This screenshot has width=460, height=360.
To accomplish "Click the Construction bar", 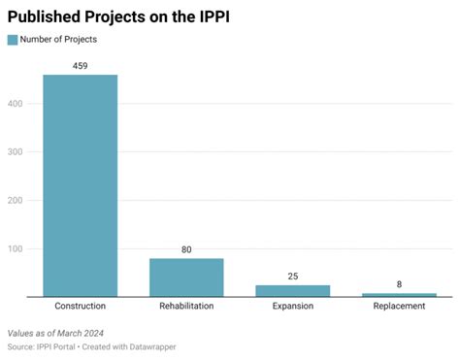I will (x=80, y=185).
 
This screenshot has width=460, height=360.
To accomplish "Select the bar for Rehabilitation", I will (x=186, y=278).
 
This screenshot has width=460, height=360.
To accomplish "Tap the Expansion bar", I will (x=292, y=290).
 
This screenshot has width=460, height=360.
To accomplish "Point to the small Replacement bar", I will (x=398, y=294).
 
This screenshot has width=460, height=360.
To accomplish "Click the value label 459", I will (x=80, y=66).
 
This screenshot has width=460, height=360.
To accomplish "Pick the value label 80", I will (x=186, y=249).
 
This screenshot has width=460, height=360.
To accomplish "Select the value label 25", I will (x=292, y=276).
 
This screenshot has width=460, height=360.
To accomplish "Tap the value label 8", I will (x=398, y=284).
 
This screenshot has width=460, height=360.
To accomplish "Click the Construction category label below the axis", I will (x=80, y=307).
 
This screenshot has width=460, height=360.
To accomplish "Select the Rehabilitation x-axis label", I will (x=186, y=307).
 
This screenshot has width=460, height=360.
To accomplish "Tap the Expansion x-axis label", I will (x=292, y=307).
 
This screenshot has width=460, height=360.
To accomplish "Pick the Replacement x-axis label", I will (x=398, y=307).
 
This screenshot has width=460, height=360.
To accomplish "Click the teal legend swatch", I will (x=13, y=40).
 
